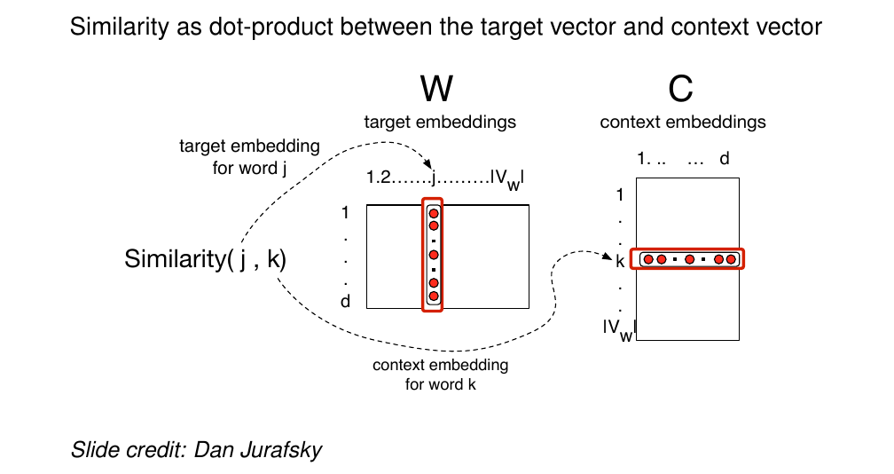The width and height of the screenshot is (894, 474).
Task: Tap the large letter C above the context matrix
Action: (x=680, y=89)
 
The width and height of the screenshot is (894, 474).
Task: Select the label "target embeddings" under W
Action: (x=440, y=122)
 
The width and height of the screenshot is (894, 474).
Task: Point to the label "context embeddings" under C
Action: (x=683, y=122)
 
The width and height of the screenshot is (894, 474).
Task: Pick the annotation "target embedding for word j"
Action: (x=249, y=157)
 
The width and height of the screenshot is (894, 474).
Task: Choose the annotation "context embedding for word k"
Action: (x=440, y=375)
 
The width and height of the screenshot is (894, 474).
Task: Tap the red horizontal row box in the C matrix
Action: (x=687, y=259)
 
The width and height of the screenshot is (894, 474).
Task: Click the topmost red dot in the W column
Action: (x=434, y=213)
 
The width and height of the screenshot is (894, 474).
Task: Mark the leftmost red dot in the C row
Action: (x=648, y=259)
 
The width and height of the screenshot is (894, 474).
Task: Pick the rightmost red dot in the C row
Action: (x=731, y=259)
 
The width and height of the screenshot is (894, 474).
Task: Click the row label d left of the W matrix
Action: (x=345, y=302)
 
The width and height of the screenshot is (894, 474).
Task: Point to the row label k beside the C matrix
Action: (x=620, y=260)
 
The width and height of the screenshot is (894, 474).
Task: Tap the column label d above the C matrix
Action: (x=724, y=159)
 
